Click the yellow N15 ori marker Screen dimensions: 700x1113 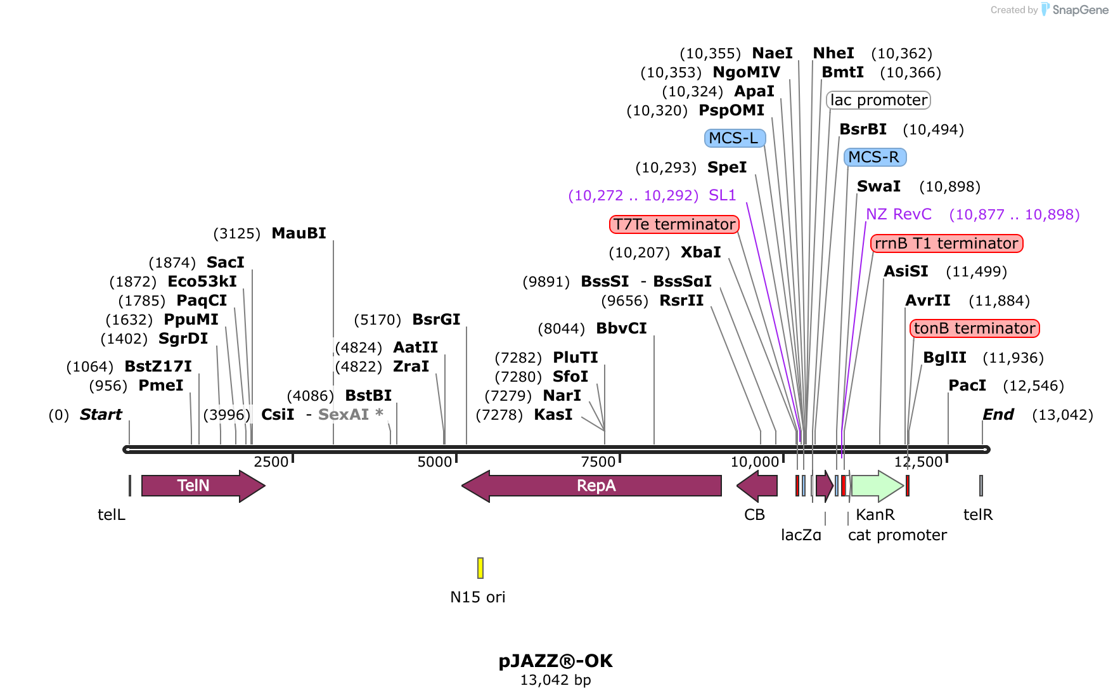[480, 568]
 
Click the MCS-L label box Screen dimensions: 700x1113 [735, 138]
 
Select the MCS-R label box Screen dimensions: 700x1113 [875, 157]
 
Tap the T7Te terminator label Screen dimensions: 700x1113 [674, 224]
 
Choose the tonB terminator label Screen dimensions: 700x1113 [974, 328]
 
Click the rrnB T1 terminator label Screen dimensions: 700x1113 [946, 243]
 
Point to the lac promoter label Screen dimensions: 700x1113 [878, 100]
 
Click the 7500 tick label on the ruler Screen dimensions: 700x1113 [598, 462]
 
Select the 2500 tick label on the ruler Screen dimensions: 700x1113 [271, 462]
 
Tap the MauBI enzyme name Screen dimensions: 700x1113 [299, 233]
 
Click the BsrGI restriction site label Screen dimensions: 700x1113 [436, 320]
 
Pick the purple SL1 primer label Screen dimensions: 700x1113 [722, 195]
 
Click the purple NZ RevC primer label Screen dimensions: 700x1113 [899, 214]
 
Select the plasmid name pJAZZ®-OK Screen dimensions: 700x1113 [555, 661]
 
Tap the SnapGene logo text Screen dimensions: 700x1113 [1080, 10]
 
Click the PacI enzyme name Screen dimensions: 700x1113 [967, 386]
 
